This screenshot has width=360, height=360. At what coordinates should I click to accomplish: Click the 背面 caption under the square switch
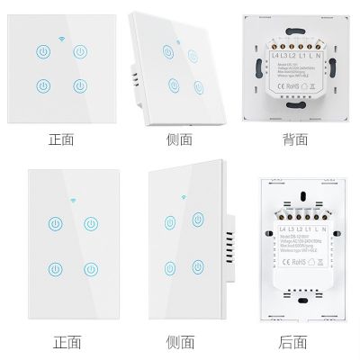294,139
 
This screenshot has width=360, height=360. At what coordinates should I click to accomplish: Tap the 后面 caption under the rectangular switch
294,343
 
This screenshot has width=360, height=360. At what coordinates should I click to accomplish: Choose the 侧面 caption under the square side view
179,139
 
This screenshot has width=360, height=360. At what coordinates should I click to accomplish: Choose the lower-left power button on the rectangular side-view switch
168,267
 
